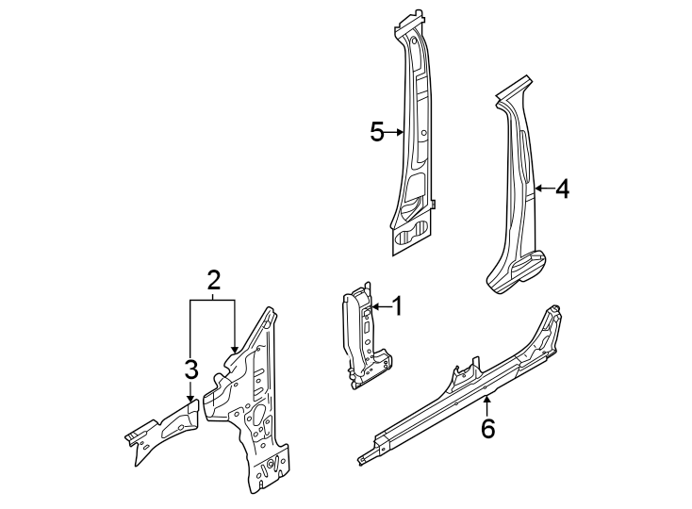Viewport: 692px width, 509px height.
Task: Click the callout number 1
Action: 397,305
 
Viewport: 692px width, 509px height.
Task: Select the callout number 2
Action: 214,279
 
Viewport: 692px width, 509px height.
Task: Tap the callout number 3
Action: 190,369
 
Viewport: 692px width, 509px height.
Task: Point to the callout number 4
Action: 562,189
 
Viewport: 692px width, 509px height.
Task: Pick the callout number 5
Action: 377,132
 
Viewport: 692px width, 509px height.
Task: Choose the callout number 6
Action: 487,428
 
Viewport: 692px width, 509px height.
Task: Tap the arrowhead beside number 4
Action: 536,189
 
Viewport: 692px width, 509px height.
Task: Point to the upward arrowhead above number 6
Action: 486,401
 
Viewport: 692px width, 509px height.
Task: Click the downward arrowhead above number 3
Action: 190,399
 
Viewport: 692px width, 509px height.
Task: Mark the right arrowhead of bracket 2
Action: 234,350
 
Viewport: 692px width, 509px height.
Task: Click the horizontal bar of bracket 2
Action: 212,299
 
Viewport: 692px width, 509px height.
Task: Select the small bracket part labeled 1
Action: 362,339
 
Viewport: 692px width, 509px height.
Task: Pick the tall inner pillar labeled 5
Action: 415,141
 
